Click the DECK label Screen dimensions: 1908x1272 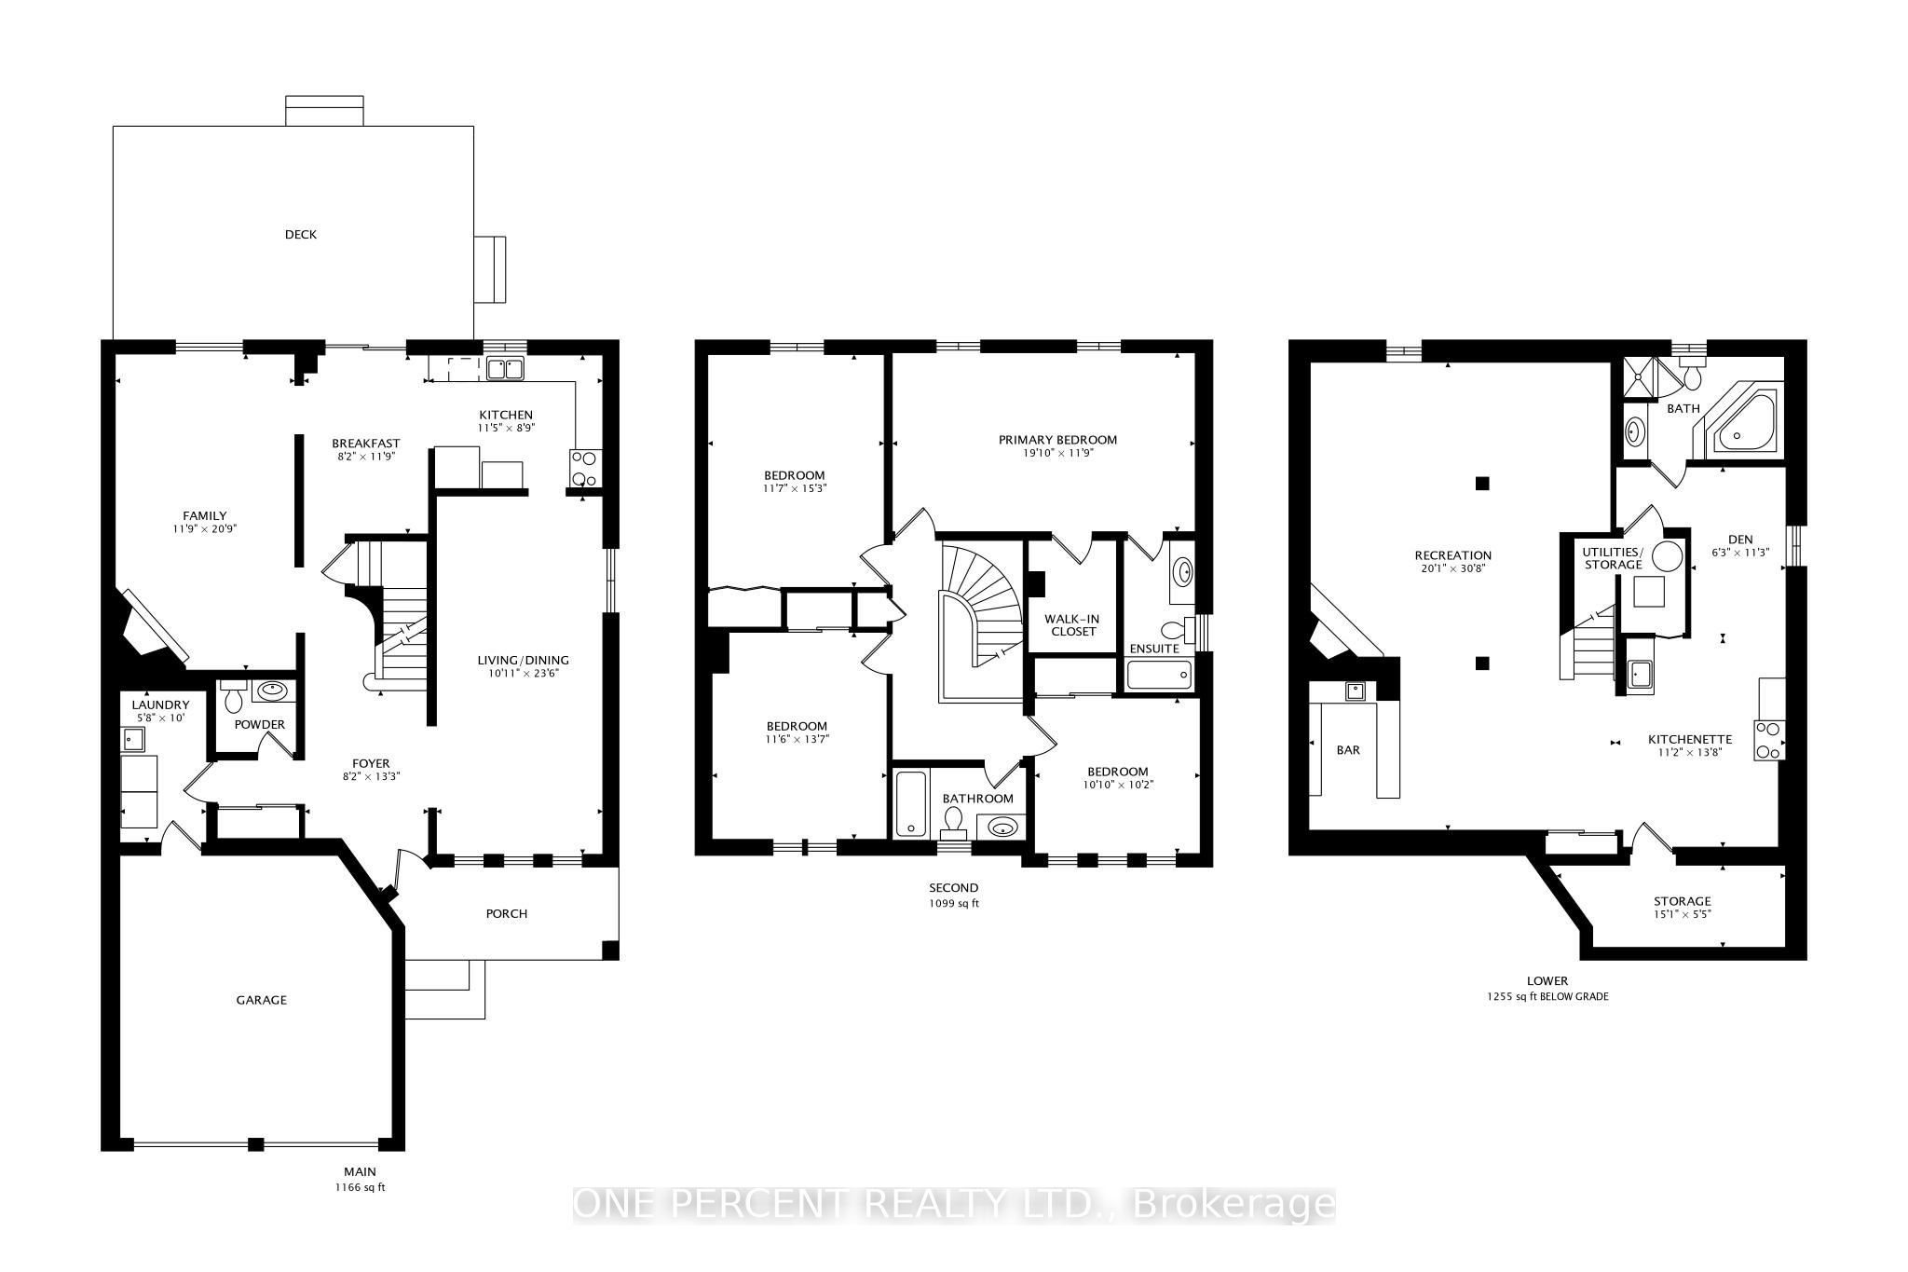click(x=301, y=235)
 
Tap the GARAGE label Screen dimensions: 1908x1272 click(x=261, y=1000)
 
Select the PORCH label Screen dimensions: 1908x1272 click(x=507, y=913)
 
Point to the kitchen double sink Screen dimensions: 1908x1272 click(x=507, y=369)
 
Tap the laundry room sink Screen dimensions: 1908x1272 click(x=132, y=740)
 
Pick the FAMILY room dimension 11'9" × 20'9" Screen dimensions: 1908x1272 click(x=205, y=529)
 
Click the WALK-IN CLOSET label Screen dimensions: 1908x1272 click(x=1070, y=624)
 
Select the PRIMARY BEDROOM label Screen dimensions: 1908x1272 click(x=1057, y=440)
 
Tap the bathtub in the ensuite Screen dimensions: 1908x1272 click(x=1159, y=675)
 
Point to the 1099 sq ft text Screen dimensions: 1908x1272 click(x=953, y=903)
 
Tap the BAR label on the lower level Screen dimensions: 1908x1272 click(x=1348, y=750)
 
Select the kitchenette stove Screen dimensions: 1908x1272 click(x=1769, y=741)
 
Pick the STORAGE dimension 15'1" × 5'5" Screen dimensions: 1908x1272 click(x=1683, y=914)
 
